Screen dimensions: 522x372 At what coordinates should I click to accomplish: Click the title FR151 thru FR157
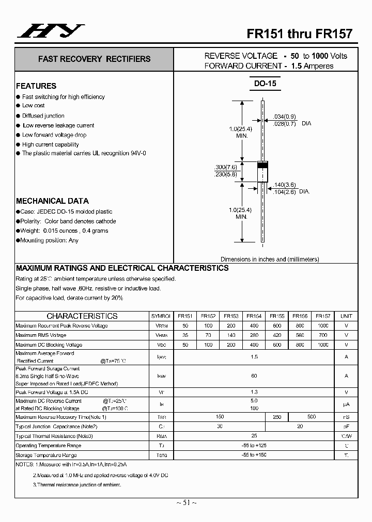tap(299, 34)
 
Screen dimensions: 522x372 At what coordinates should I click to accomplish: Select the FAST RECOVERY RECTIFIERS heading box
tap(94, 59)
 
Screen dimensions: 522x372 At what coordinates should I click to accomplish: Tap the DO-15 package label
tap(266, 84)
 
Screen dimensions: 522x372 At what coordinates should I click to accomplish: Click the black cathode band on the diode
tap(262, 165)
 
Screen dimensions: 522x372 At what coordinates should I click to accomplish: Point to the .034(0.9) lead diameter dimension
tap(285, 116)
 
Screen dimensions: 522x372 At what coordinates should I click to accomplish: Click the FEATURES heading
tap(36, 86)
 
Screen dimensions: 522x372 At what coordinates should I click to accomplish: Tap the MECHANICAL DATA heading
tap(52, 201)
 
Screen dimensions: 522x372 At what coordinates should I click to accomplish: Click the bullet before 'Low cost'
tap(18, 106)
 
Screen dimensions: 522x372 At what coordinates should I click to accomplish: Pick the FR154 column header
tap(254, 316)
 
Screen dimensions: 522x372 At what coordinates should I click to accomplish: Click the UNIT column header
tap(346, 316)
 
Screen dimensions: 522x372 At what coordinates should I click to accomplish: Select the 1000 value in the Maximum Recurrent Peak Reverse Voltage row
tap(322, 326)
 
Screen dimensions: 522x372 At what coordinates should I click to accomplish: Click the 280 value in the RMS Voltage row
tap(254, 335)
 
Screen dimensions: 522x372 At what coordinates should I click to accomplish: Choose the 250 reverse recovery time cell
tap(276, 417)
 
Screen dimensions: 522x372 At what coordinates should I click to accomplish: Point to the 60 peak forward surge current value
tap(254, 376)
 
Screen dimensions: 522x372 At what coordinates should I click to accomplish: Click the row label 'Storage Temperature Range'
tap(47, 455)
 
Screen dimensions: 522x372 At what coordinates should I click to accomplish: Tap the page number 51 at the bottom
tap(186, 503)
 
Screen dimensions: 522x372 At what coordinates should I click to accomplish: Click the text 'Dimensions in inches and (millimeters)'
tap(270, 259)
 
